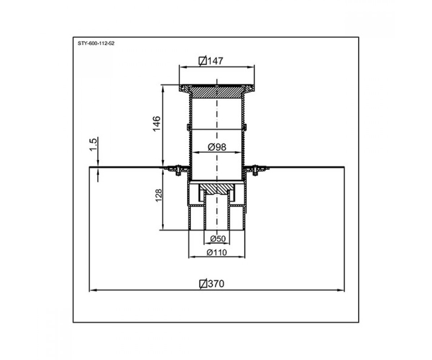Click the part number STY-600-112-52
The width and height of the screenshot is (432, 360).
point(96,44)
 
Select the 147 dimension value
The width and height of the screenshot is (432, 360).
point(215,61)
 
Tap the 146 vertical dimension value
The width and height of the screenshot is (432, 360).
point(157,124)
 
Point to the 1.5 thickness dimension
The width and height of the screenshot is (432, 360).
point(93,145)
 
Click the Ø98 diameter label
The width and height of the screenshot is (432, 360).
point(217,147)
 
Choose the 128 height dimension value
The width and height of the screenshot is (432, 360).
point(159,195)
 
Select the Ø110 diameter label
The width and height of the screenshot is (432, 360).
point(217,253)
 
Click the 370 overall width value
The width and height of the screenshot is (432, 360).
point(216,284)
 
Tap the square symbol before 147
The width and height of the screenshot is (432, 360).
point(203,61)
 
